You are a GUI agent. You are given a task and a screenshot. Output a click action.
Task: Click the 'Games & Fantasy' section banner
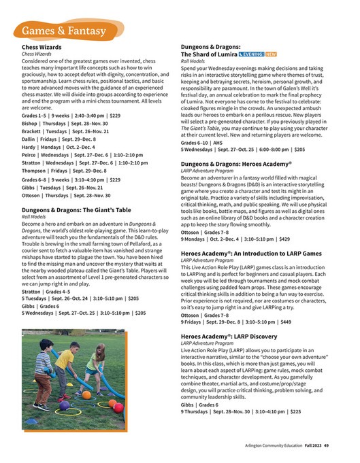[63, 32]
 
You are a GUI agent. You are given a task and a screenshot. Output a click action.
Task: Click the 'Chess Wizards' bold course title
[42, 47]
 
